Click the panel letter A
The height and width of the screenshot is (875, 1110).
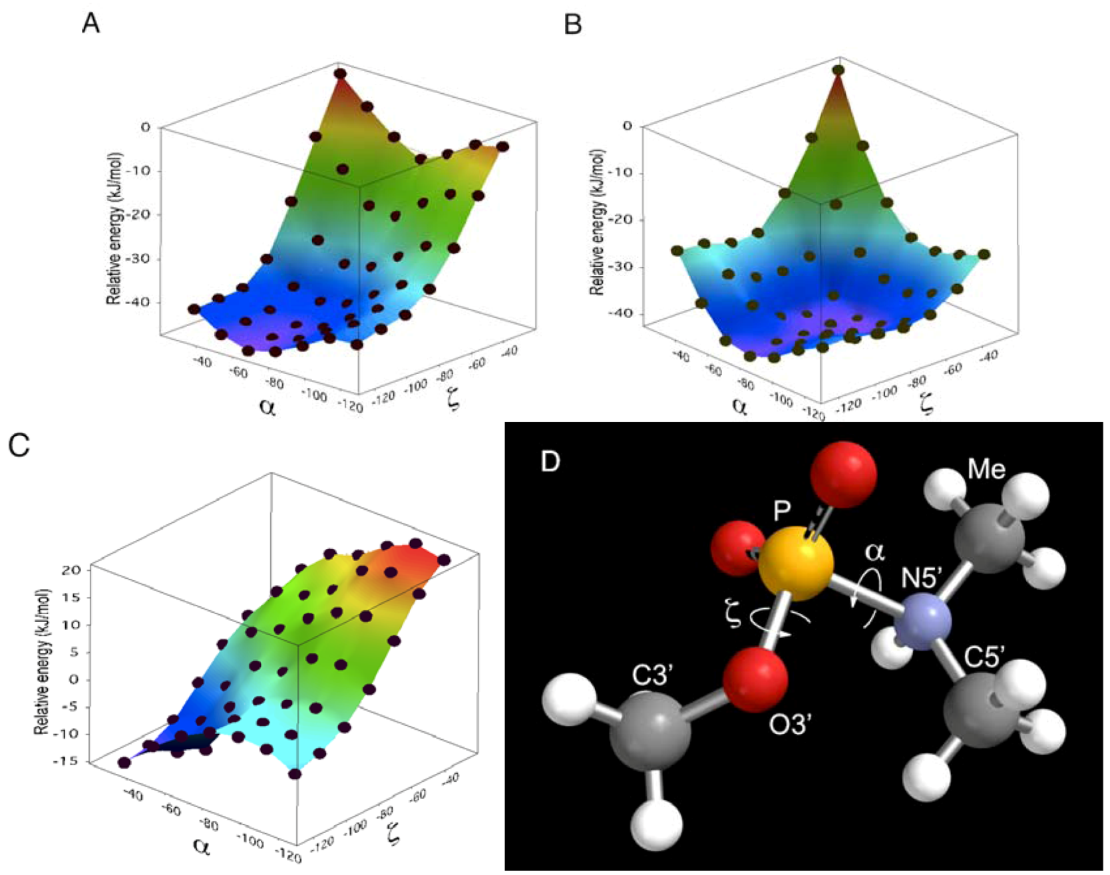point(91,24)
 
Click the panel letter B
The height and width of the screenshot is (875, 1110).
point(572,25)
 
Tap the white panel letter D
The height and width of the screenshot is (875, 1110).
point(550,460)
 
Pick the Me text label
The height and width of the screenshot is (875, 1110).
point(986,470)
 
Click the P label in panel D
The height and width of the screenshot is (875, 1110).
point(782,511)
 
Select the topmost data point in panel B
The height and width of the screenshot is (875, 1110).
point(838,70)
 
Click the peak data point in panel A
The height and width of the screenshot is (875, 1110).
point(340,73)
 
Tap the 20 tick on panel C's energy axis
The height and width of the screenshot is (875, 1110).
point(74,570)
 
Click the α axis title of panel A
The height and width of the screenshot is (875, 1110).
point(267,407)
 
